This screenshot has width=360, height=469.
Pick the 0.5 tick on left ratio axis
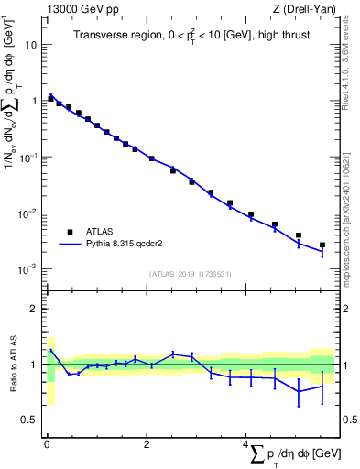[x=32, y=420]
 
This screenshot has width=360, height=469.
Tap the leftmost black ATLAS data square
[x=50, y=97]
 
